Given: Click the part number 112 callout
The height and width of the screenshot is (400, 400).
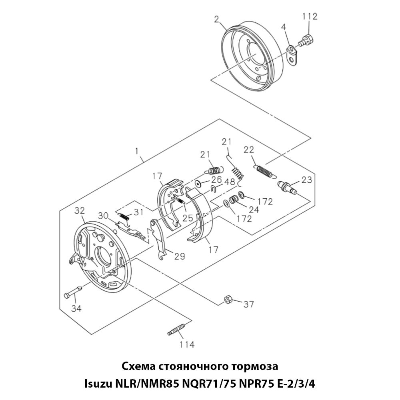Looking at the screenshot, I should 310,16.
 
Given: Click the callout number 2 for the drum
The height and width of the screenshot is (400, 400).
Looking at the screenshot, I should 216,19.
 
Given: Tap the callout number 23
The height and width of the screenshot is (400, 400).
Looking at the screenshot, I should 307,180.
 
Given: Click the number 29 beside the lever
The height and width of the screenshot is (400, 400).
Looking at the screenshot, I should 179,256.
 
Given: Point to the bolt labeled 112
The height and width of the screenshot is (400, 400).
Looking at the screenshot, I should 307,40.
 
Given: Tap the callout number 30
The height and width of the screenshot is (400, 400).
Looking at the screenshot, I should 104,216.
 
